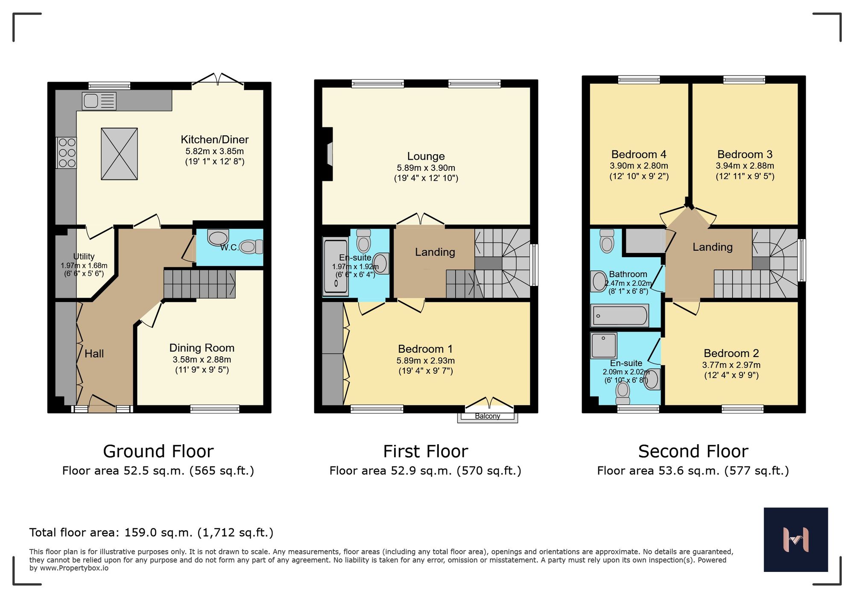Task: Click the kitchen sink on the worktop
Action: [99, 101]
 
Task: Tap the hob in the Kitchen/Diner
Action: [67, 152]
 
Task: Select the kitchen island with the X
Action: [119, 154]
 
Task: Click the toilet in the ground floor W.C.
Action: [251, 246]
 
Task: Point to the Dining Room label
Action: [202, 348]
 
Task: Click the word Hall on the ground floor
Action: [94, 354]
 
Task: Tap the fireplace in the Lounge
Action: [328, 154]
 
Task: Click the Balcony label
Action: [487, 416]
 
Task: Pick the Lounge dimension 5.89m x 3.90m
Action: [426, 168]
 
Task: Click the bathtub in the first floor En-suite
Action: [336, 267]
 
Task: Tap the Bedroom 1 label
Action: [425, 349]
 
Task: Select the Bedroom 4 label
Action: [638, 154]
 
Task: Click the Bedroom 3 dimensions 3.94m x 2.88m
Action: [745, 166]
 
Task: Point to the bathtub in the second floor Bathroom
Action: [619, 316]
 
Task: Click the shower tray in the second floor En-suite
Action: [604, 345]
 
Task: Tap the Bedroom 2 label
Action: [731, 353]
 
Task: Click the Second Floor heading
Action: [693, 451]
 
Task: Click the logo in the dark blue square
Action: [796, 539]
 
